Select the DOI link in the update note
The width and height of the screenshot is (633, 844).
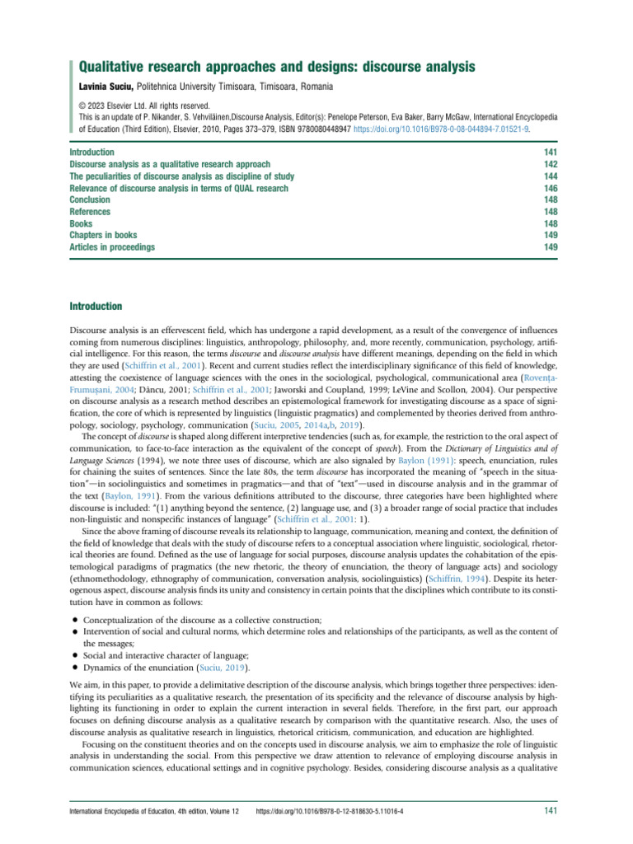(442, 129)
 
